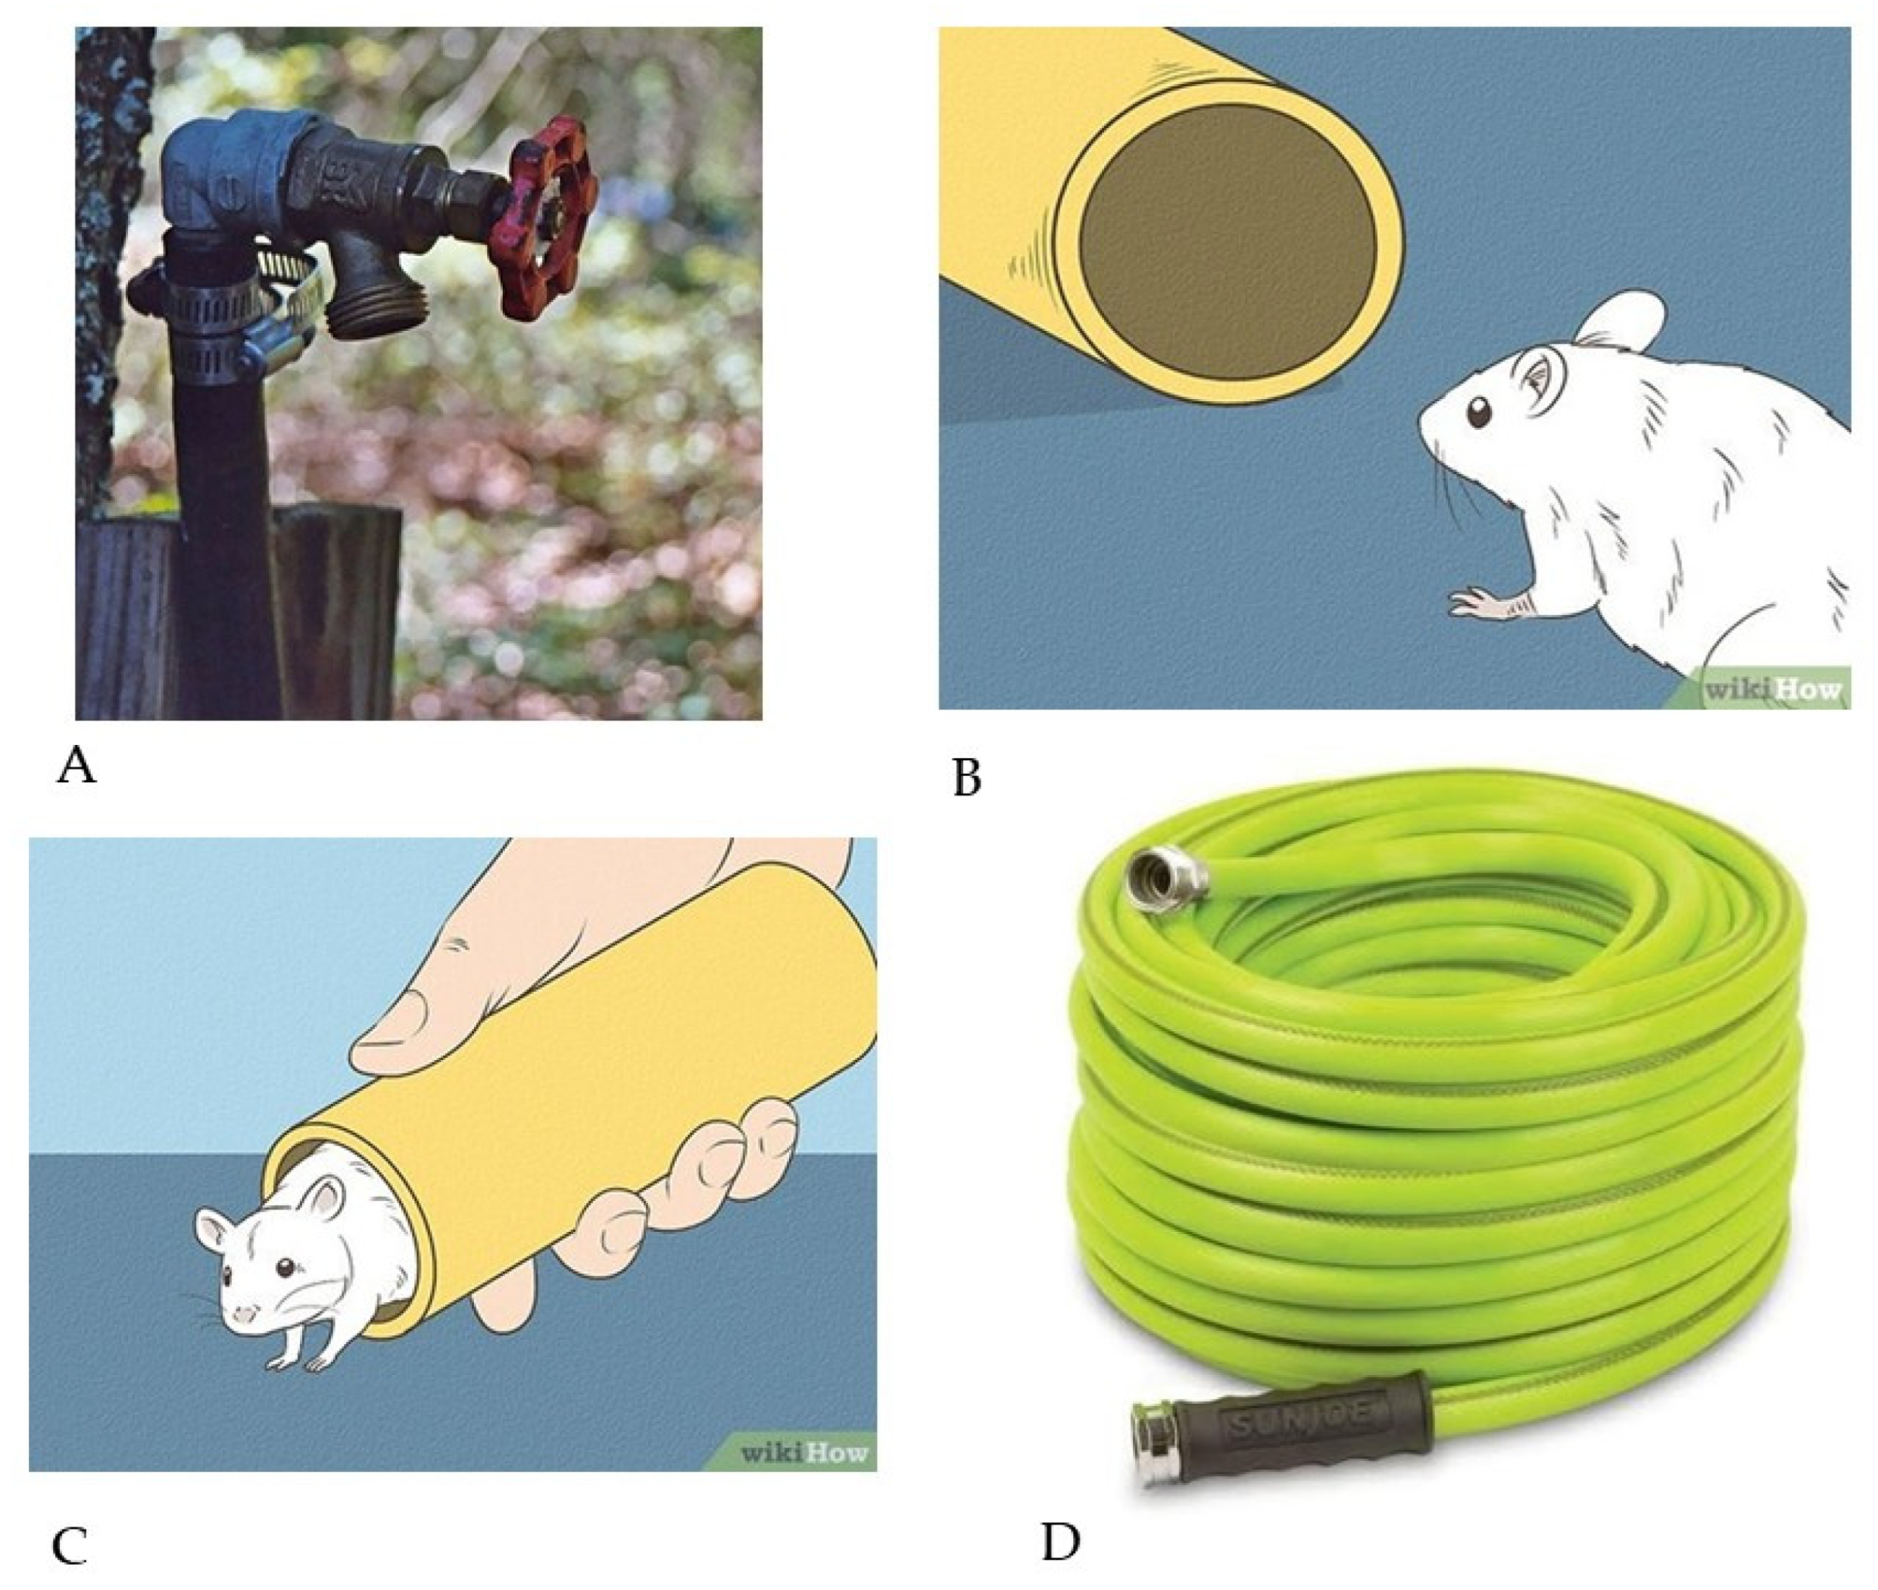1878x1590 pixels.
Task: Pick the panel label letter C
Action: pos(70,1546)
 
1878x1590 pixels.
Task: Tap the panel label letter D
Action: pos(1060,1542)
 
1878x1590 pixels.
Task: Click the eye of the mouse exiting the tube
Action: pos(285,1267)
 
